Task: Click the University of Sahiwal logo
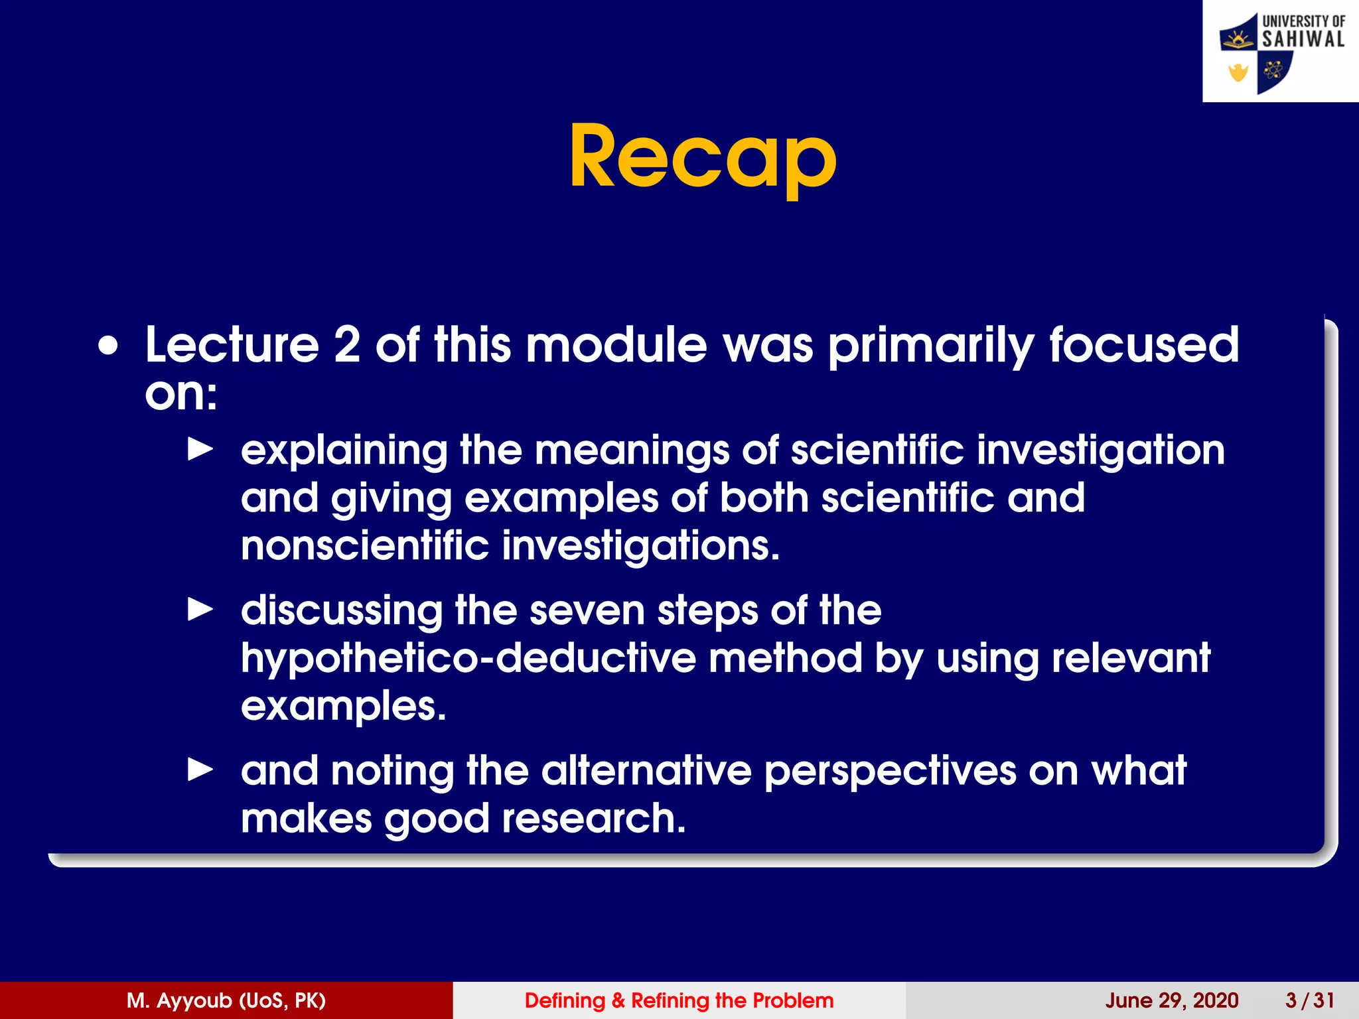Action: pos(1280,52)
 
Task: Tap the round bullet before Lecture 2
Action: pos(108,346)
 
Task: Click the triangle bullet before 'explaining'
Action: pos(200,449)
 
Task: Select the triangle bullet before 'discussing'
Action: pos(200,609)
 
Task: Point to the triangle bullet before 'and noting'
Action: pos(200,770)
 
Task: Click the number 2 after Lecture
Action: pos(347,345)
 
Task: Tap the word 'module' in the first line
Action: pos(616,345)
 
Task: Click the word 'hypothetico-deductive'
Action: pos(468,659)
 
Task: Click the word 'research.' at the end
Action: pos(593,818)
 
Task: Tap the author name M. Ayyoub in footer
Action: pos(226,1000)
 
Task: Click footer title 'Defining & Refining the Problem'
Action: pos(679,1000)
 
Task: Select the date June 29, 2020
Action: pos(1171,1000)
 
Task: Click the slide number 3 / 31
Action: pos(1309,1000)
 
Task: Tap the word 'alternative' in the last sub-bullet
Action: pos(646,771)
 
